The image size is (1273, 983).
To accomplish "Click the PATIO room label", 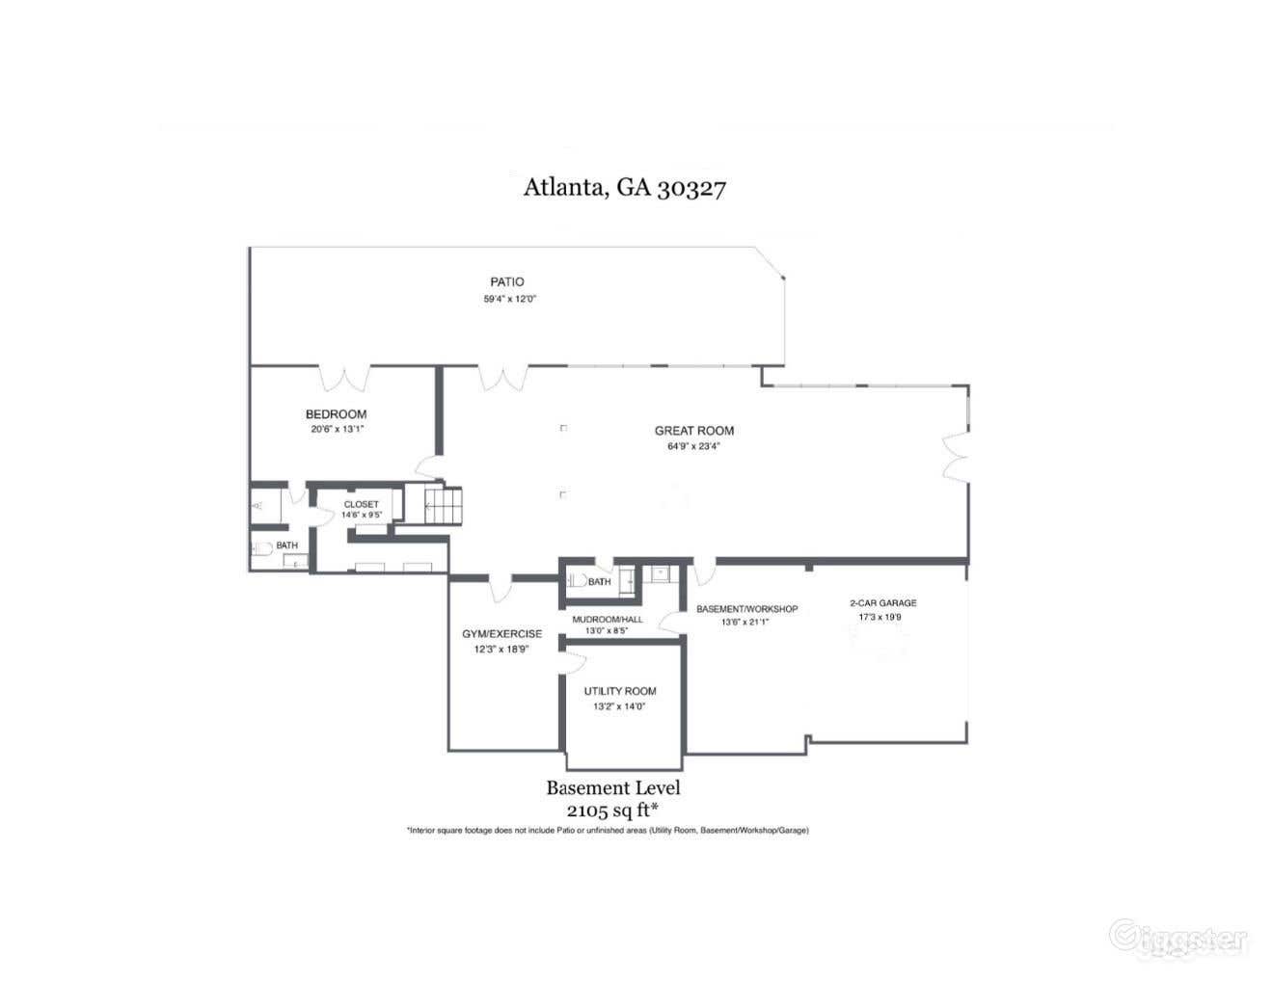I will (x=506, y=282).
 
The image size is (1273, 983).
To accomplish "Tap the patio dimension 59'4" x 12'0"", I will (x=509, y=299).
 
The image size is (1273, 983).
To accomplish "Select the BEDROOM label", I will (x=336, y=414).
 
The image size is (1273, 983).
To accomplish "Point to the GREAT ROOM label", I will (x=693, y=431).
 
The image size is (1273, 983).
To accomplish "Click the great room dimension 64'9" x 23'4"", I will (x=693, y=447).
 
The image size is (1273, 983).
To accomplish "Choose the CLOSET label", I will (x=362, y=504).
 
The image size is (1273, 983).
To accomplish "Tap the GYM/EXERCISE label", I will (x=501, y=634).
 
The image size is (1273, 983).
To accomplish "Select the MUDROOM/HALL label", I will (x=607, y=619).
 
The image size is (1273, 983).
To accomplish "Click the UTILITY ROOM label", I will (x=619, y=691).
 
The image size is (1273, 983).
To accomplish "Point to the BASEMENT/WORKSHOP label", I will (x=746, y=609).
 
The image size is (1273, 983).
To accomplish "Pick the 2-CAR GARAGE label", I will (x=882, y=603).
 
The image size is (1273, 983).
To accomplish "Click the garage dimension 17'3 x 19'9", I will (x=880, y=617).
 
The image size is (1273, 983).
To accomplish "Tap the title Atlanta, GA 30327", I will (x=624, y=187).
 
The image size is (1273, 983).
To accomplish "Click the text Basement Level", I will (x=612, y=787).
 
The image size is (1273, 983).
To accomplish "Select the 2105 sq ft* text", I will (x=612, y=810).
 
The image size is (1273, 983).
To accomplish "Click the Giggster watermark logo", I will (x=1178, y=937).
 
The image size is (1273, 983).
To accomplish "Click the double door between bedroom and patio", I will (x=344, y=378).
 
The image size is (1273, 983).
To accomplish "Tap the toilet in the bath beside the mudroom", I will (x=577, y=581).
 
